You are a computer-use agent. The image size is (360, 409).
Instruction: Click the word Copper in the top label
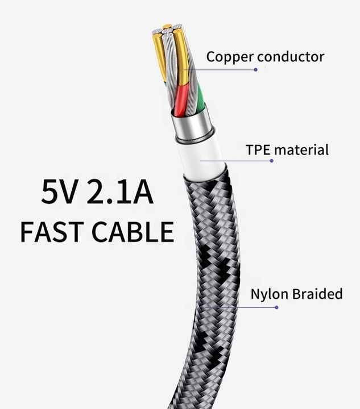pos(230,57)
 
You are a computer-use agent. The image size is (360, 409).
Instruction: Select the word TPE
pos(258,150)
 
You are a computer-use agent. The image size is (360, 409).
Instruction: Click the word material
pos(301,150)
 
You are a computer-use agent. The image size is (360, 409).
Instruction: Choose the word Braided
pos(317,294)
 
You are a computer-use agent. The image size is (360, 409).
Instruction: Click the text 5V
pos(60,192)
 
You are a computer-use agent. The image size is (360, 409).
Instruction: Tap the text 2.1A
pos(120,192)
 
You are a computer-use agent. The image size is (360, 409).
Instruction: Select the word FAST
pos(52,232)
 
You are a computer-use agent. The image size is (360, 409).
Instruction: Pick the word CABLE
pos(133,232)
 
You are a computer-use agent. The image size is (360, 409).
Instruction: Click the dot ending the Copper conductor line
pos(255,70)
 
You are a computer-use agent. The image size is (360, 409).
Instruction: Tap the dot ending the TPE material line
pos(271,161)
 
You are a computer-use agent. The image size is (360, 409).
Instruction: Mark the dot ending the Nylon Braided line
pos(276,307)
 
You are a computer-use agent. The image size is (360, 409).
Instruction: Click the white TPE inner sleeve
pos(201,159)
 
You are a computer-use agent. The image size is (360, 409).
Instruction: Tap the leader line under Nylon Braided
pos(239,307)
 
